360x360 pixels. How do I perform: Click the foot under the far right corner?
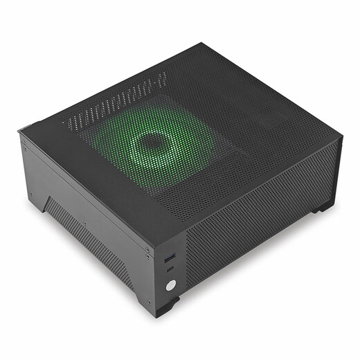[x=323, y=207]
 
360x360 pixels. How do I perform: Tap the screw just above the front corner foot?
[x=148, y=302]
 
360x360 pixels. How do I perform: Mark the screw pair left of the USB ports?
[x=147, y=253]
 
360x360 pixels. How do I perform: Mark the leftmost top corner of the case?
[x=20, y=129]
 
